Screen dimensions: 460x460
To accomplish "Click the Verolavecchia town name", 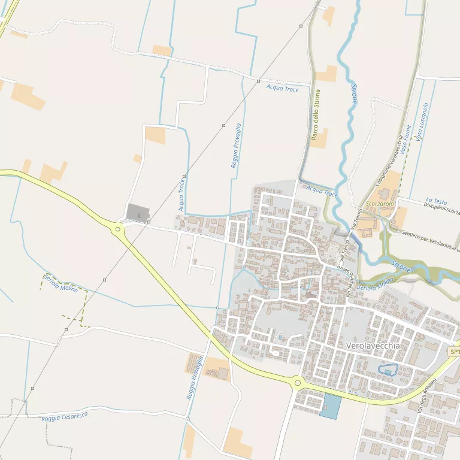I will pos(373,346).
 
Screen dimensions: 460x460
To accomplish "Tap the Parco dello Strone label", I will pos(316,115).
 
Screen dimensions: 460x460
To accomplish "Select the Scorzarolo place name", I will pos(380,204).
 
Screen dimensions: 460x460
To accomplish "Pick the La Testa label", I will pos(436,201).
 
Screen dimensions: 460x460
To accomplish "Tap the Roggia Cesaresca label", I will pos(65,416).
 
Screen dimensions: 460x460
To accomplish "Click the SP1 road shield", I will pos(455,352).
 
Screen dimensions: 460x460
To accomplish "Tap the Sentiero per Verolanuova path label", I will pos(430,240).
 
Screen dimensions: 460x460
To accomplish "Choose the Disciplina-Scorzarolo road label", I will pos(441,210).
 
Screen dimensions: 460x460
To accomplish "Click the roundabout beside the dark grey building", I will pos(118,229).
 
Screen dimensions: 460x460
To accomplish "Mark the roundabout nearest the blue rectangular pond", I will pos(297,382).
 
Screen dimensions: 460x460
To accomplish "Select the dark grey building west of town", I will pos(138,211).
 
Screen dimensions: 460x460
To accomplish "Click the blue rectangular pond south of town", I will pos(330,406).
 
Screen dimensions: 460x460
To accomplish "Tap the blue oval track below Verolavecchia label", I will pos(388,370).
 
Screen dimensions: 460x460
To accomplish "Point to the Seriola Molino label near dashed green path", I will pos(60,283).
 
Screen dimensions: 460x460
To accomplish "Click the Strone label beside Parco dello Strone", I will pos(354,94).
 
